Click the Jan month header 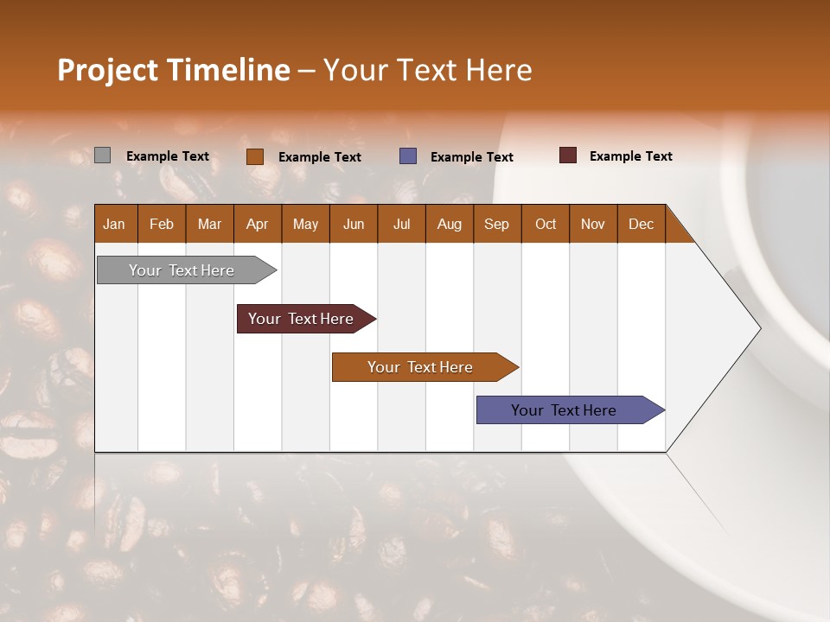(x=114, y=224)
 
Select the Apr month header (x=257, y=224)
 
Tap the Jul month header (x=401, y=224)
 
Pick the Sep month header (x=496, y=224)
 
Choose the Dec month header (x=641, y=224)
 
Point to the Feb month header (x=162, y=224)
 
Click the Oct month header (x=546, y=224)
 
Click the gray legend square (x=102, y=155)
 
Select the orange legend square (x=255, y=156)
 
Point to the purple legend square (x=408, y=156)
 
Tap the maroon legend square (x=568, y=155)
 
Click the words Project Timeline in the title (x=173, y=70)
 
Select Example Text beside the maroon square (x=630, y=156)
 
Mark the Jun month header (x=354, y=224)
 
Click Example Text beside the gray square (x=168, y=156)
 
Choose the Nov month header (x=593, y=224)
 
